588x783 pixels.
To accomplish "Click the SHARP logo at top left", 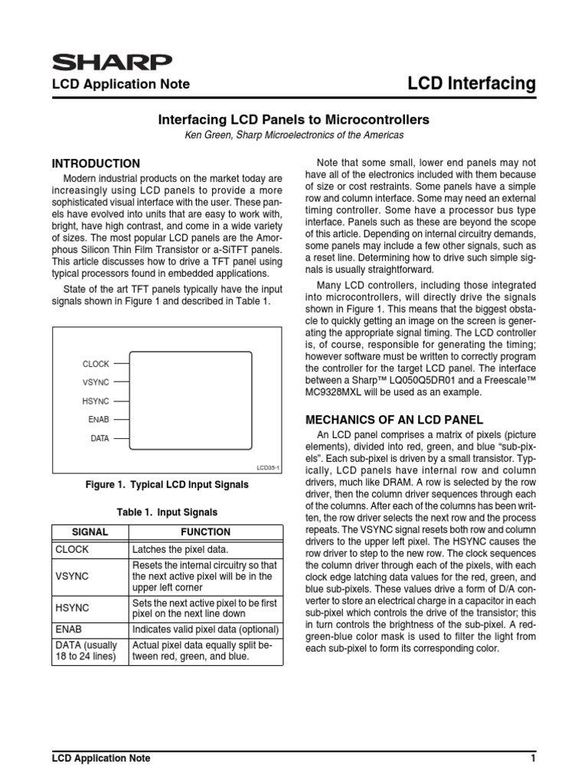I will click(111, 62).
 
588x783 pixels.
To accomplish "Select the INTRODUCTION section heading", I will click(96, 164).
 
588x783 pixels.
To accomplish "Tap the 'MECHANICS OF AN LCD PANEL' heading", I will click(394, 419).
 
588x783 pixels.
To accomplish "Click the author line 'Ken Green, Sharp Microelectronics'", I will click(294, 135).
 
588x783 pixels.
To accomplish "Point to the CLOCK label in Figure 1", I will click(96, 364).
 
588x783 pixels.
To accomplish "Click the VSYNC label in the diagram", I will click(96, 382).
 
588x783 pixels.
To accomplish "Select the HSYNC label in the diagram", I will click(96, 401).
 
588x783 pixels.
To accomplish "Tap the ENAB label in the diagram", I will click(99, 419).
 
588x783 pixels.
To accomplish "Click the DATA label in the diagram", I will click(100, 438).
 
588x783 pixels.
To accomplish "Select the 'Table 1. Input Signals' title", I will click(166, 512).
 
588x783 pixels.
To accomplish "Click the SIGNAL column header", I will click(90, 532).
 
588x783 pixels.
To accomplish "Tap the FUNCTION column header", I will click(204, 532).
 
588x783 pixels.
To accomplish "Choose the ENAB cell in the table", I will click(69, 629).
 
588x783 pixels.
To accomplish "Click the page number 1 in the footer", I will click(532, 759).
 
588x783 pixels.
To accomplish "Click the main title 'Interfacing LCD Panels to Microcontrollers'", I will click(294, 120).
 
